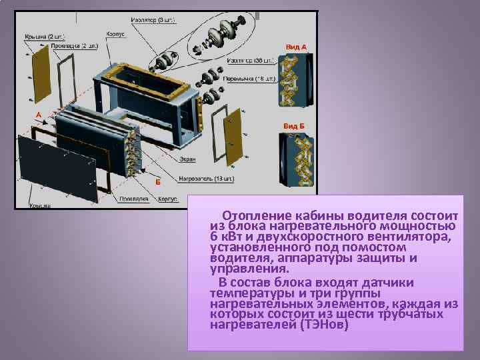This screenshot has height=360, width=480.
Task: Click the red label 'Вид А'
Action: click(296, 47)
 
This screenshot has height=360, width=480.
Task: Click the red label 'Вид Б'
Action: click(293, 125)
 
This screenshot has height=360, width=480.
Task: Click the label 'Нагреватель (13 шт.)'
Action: click(205, 179)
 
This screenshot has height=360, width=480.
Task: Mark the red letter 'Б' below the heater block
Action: click(157, 181)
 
